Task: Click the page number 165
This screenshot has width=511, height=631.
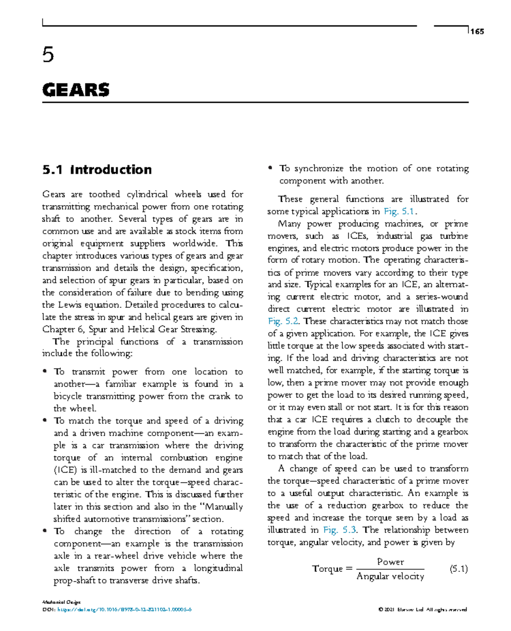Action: pos(477,32)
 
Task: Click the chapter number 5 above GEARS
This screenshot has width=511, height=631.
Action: pos(48,55)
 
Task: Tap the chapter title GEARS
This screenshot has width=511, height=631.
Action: pos(76,90)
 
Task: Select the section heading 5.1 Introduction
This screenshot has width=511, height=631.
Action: pos(97,170)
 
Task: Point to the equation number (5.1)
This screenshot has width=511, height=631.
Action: pos(459,569)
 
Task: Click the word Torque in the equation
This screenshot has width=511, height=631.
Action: pos(327,569)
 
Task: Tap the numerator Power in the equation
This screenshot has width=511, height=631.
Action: pos(390,562)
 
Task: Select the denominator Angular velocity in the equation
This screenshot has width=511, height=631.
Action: pos(390,576)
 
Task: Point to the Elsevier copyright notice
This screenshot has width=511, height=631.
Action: pos(422,610)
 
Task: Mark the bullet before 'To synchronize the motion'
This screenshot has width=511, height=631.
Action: pos(270,168)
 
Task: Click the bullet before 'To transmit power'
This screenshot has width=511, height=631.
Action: pos(44,372)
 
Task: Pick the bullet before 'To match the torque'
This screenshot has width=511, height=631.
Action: pos(44,421)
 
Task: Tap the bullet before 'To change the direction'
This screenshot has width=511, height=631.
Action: pos(44,531)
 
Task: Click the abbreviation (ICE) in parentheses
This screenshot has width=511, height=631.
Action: pos(64,470)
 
